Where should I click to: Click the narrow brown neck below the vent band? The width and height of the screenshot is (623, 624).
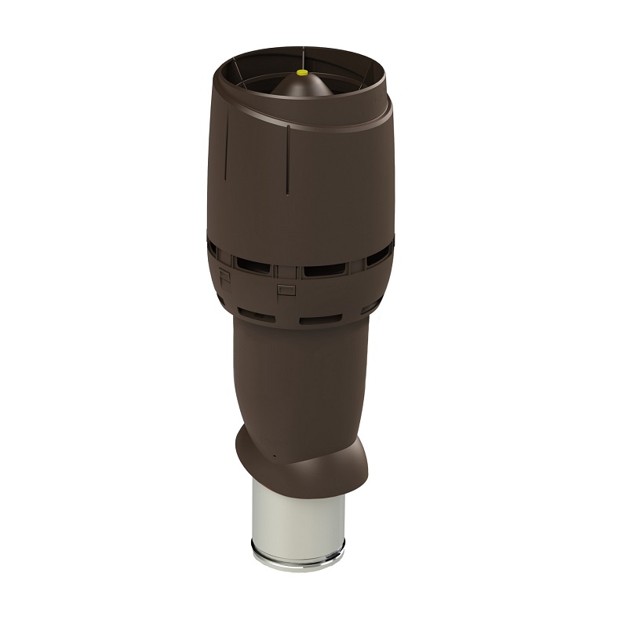pos(298,377)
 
